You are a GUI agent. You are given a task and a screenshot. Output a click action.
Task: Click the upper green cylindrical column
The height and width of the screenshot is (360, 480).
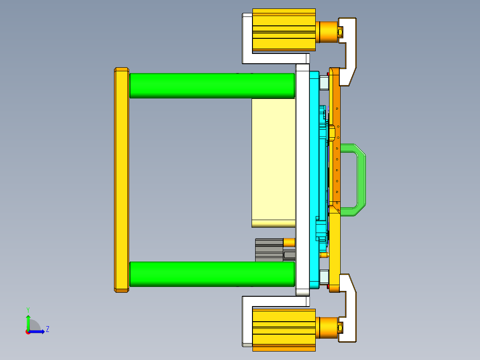click(212, 86)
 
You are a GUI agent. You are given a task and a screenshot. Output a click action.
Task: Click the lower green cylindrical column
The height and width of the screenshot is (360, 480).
click(212, 274)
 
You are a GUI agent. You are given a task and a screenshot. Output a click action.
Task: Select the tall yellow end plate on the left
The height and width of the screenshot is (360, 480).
click(122, 180)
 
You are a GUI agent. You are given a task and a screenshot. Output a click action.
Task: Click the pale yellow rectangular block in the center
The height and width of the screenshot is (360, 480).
click(273, 160)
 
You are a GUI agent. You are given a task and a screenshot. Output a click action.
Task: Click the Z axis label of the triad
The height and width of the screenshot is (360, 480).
click(48, 329)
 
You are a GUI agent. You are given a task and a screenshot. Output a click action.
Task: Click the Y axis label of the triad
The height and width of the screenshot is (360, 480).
click(28, 310)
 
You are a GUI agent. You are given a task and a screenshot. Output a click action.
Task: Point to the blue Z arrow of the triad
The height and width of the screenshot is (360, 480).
click(38, 331)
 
